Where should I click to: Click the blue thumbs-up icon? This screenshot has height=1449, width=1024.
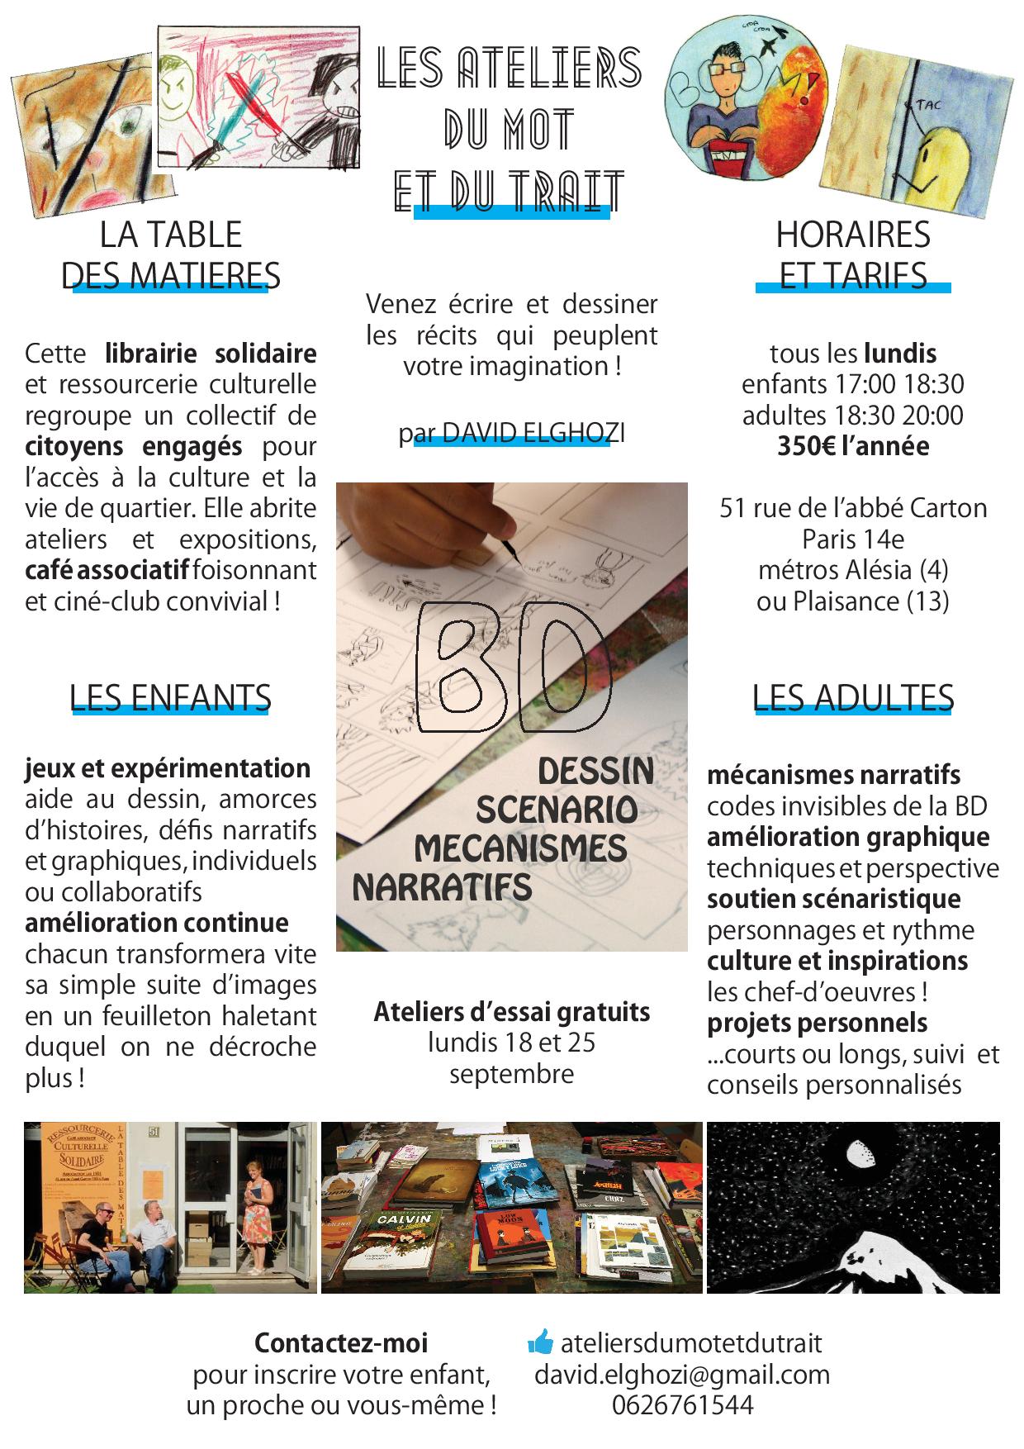tap(540, 1343)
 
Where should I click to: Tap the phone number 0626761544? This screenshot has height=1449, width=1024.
tap(682, 1405)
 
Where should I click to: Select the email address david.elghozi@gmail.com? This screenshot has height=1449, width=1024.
tap(682, 1375)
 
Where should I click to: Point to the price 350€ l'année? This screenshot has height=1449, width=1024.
tap(852, 446)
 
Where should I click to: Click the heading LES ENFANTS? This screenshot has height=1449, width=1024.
tap(171, 699)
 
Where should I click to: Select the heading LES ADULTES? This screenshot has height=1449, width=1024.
tap(853, 699)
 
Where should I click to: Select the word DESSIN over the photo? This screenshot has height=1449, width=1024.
tap(595, 772)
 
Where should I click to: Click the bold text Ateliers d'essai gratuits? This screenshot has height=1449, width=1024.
tap(512, 1012)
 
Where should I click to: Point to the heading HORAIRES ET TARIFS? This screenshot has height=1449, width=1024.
tap(852, 255)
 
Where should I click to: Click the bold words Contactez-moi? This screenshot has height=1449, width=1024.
tap(341, 1343)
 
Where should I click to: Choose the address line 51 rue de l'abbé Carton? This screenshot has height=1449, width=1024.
tap(853, 507)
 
